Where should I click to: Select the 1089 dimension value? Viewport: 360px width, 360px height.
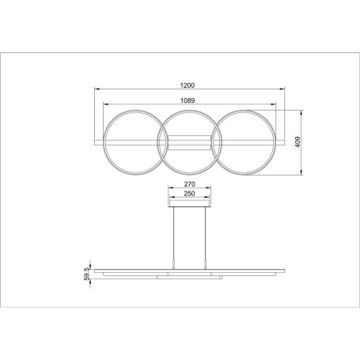click(x=188, y=100)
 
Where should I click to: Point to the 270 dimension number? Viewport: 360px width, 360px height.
click(x=188, y=184)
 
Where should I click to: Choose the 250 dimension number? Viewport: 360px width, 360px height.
click(x=188, y=193)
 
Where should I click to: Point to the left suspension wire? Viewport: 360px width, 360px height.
click(x=174, y=233)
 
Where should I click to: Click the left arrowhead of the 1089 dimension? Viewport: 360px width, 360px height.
click(x=105, y=106)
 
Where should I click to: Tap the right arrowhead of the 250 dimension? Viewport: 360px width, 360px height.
click(x=207, y=198)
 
